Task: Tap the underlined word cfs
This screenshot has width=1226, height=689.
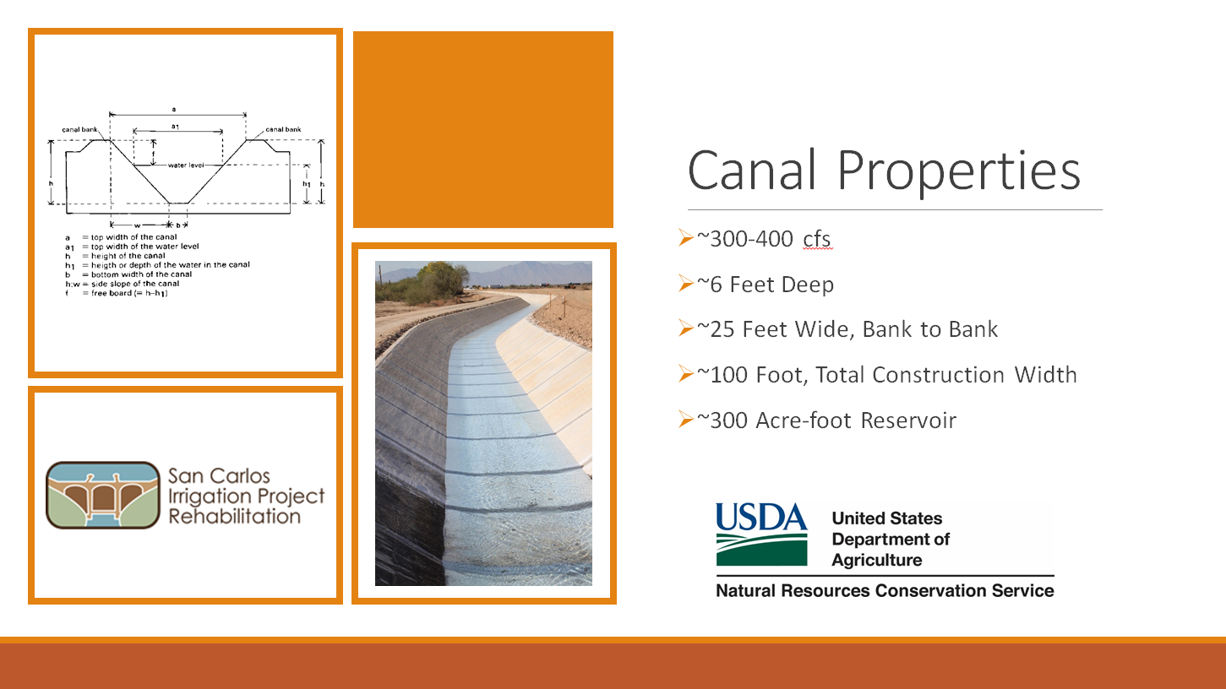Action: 817,240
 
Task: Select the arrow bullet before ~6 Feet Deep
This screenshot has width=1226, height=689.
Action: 686,283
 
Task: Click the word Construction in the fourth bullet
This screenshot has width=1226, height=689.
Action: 938,375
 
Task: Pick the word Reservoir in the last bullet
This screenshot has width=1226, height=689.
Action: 908,420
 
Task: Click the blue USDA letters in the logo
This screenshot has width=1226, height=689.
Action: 761,517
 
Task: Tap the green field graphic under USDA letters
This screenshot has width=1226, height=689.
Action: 761,550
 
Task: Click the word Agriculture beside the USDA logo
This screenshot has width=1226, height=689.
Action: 877,560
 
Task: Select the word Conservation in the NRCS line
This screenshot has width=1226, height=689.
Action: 929,590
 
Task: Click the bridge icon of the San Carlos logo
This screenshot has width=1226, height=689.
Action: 103,495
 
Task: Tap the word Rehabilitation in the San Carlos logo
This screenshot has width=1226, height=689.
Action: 234,516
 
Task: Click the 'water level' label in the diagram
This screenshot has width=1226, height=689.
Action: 186,165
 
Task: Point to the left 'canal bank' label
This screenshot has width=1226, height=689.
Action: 79,129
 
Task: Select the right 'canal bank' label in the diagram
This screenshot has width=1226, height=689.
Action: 283,129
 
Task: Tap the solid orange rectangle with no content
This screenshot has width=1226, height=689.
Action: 483,129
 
